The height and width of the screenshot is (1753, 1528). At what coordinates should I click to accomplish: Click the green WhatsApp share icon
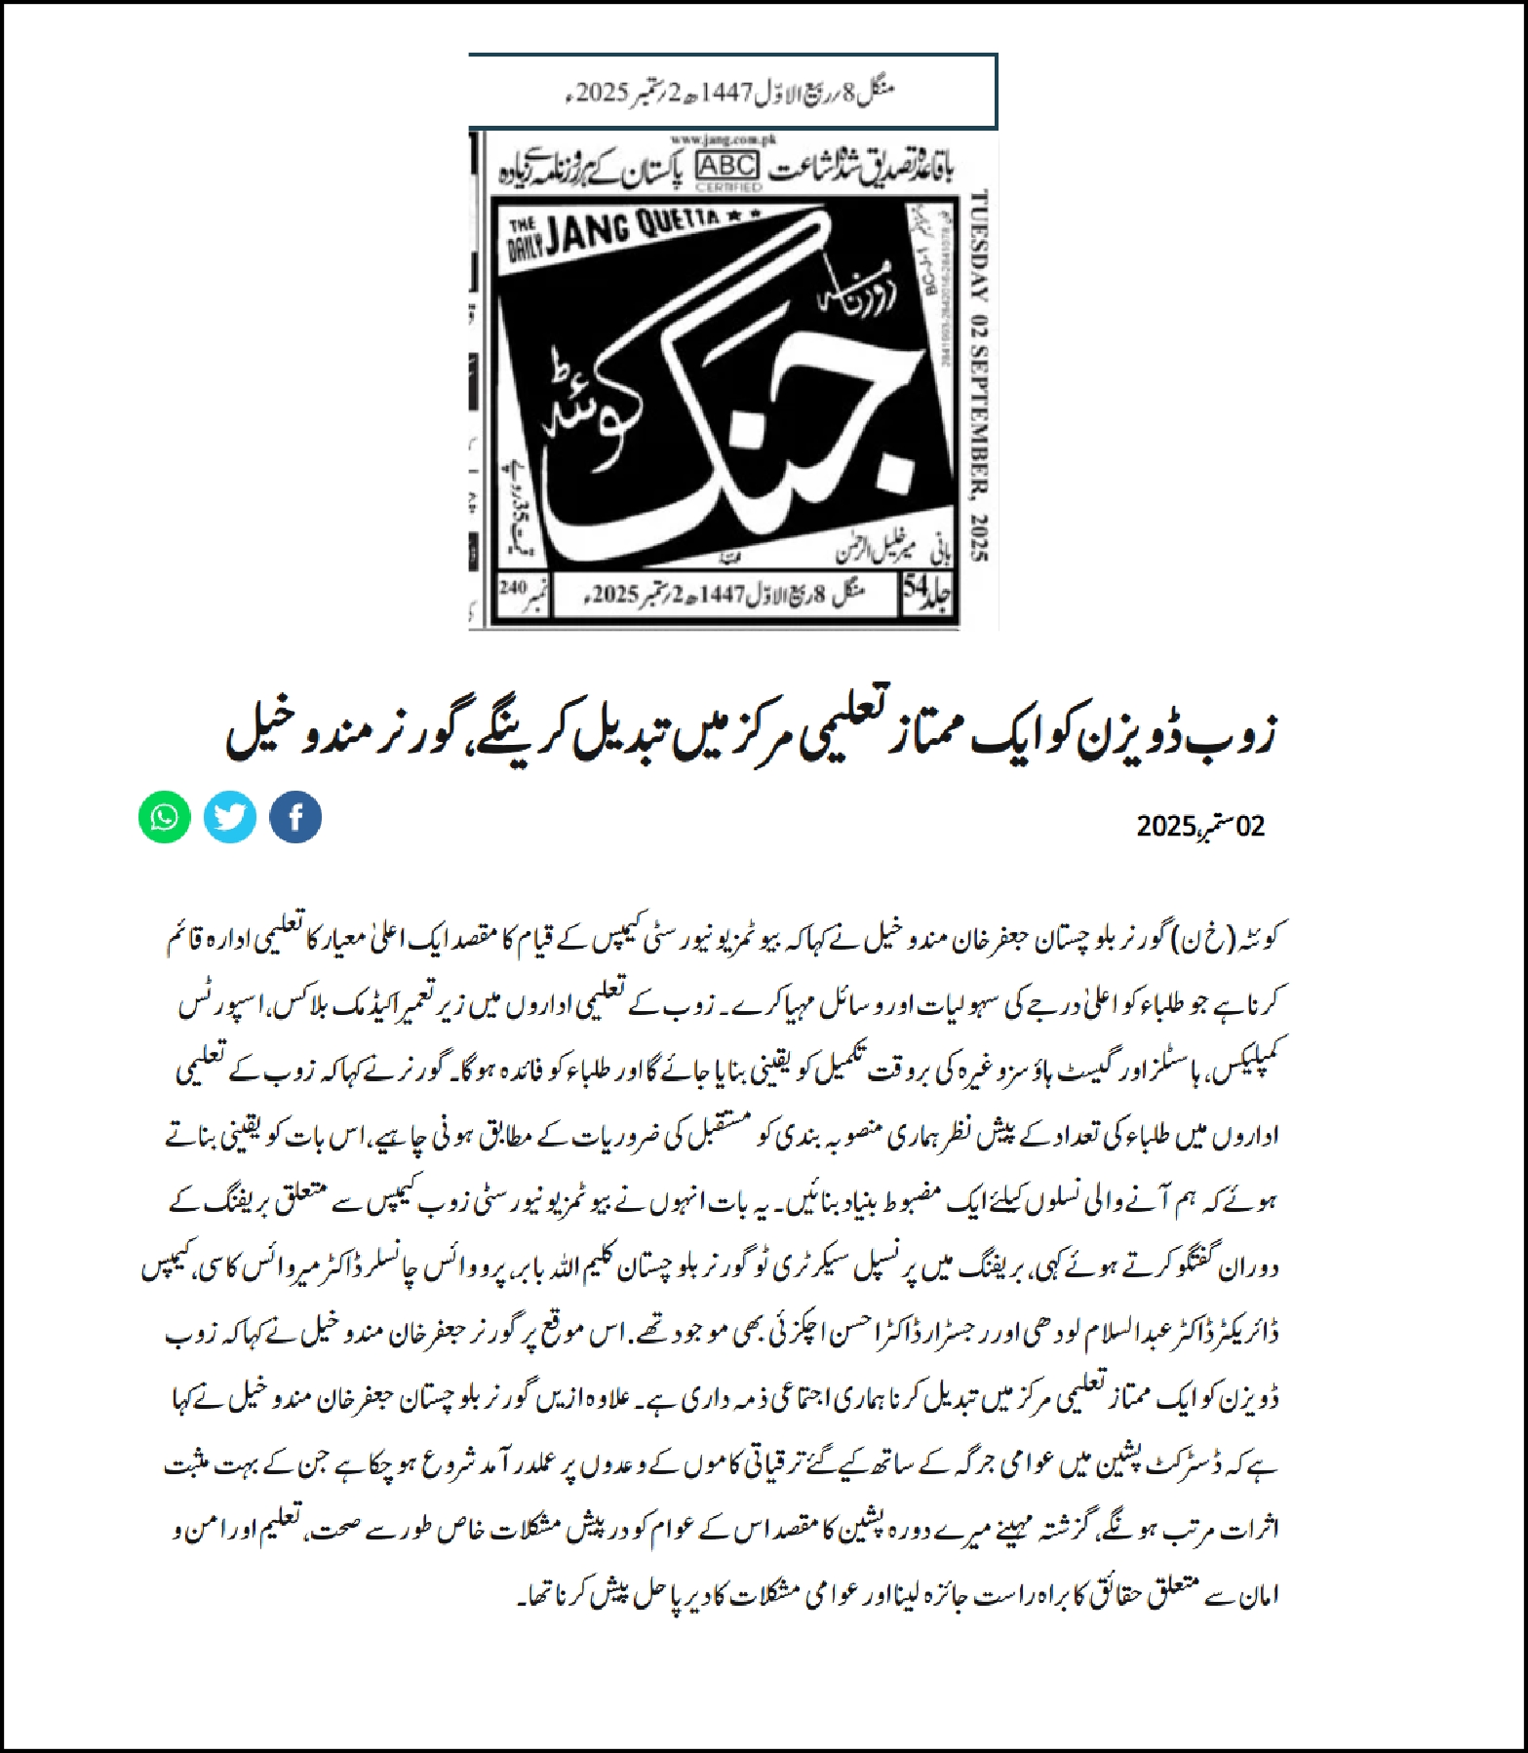tap(164, 817)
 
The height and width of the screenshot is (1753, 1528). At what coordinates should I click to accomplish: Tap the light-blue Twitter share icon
tap(230, 817)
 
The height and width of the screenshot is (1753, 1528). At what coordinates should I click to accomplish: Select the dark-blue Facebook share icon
tap(295, 817)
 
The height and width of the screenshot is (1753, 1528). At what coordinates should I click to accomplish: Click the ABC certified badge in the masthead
tap(725, 169)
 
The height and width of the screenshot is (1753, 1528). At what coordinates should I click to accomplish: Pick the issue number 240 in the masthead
tap(512, 588)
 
